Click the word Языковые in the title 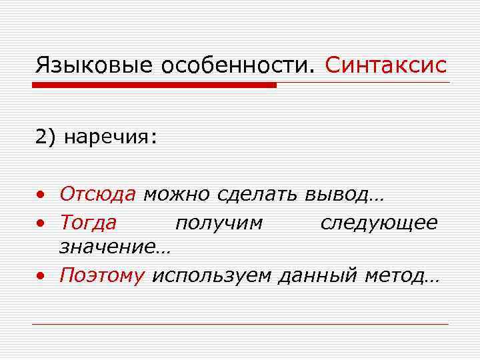[90, 65]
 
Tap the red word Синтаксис [387, 65]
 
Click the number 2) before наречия [46, 137]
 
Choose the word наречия [111, 137]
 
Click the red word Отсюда [97, 194]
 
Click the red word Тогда [88, 221]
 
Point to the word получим [219, 222]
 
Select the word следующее [378, 222]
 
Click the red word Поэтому [102, 275]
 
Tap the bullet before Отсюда [41, 195]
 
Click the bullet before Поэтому [41, 276]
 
